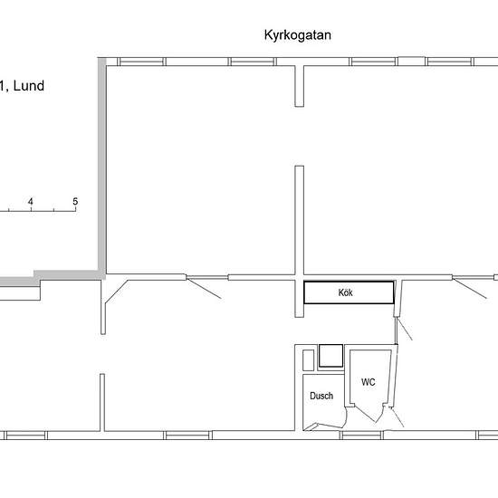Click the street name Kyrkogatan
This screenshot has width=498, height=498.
tap(298, 35)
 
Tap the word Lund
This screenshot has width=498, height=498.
tap(29, 86)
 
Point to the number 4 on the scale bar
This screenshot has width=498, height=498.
tap(31, 201)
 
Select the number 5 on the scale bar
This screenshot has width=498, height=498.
tap(75, 201)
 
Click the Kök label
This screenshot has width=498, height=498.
tap(345, 292)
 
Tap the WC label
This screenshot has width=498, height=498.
tap(369, 382)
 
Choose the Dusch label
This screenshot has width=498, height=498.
tap(321, 396)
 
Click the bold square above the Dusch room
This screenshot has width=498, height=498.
tap(330, 356)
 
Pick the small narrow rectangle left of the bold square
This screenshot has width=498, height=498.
tap(308, 360)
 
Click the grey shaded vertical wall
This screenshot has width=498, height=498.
tap(102, 165)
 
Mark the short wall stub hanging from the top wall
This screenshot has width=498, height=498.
tap(299, 86)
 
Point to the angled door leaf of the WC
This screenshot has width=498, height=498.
tap(365, 414)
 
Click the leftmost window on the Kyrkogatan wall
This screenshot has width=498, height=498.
tap(141, 62)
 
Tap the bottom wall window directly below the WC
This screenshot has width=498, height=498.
tap(361, 436)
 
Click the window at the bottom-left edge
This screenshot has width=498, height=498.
tap(25, 436)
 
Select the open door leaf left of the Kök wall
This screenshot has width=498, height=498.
tap(204, 288)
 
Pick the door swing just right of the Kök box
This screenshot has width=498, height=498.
tap(405, 329)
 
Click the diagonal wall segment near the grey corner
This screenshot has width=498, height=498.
tap(117, 292)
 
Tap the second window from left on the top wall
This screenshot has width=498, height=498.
tap(253, 62)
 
